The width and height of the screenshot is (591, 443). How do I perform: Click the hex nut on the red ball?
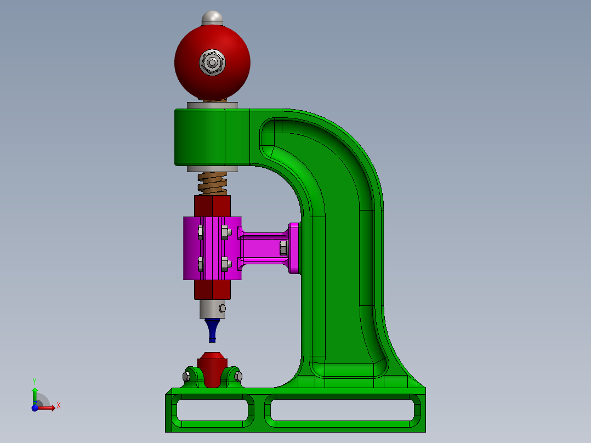(x=212, y=63)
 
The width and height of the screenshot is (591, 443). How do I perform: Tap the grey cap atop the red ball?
(x=213, y=18)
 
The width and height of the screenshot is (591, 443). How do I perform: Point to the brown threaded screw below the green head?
(x=212, y=183)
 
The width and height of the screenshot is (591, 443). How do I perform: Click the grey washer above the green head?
(x=212, y=105)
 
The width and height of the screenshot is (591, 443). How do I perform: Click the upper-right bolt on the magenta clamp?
(x=224, y=231)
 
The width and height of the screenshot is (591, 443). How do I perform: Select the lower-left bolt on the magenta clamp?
(x=200, y=264)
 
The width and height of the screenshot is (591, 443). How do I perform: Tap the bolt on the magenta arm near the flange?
(x=283, y=247)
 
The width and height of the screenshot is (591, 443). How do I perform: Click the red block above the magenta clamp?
(x=212, y=206)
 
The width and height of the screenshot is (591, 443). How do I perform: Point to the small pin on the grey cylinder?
(x=222, y=308)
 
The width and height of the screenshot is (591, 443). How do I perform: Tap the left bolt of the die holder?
(x=186, y=376)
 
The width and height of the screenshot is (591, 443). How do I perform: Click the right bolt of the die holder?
(x=238, y=376)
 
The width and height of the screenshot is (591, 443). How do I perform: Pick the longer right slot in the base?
(x=340, y=410)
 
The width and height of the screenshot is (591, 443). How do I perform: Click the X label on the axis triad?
(x=59, y=406)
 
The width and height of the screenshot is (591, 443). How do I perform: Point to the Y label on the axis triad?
(x=35, y=380)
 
